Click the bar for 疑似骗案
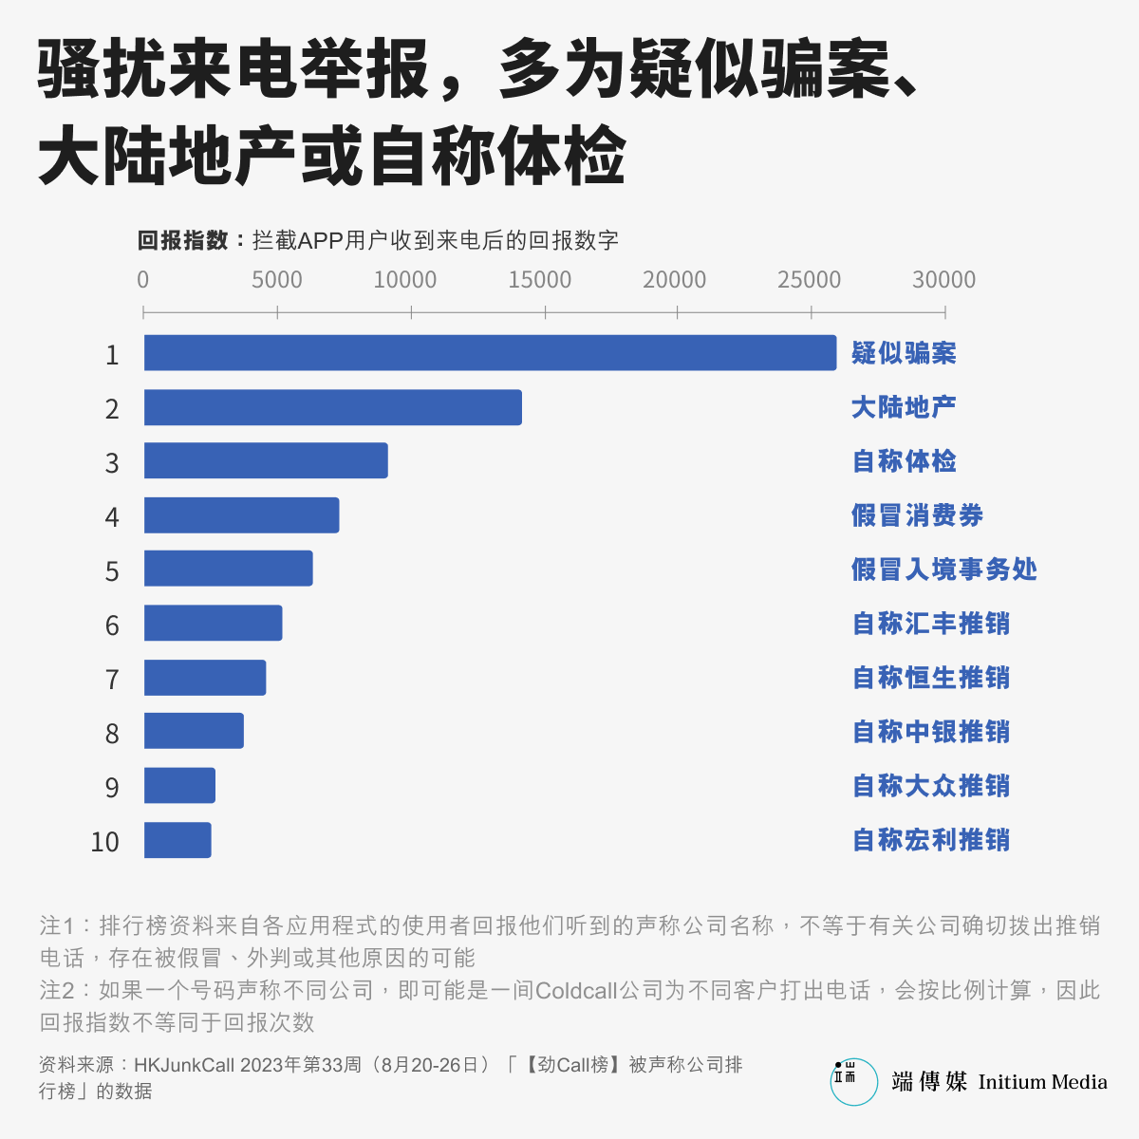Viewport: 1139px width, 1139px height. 490,353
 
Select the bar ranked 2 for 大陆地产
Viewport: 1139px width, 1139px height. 332,407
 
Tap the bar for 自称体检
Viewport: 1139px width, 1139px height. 266,461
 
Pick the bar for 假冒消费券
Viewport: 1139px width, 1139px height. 241,515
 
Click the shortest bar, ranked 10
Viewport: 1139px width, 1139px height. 177,841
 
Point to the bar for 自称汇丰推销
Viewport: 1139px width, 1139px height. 213,624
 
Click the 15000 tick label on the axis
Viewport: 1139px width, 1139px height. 539,280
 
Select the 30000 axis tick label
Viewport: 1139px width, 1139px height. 943,280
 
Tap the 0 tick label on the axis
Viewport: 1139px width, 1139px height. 143,280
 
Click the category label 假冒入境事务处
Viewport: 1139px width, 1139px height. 943,569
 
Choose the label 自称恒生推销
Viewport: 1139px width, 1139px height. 930,678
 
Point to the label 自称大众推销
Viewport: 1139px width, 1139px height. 930,786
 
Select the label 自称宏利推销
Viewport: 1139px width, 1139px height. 930,840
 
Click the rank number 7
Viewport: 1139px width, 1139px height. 112,680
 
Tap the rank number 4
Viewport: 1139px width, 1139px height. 112,517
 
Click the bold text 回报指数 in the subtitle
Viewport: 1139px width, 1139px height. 183,241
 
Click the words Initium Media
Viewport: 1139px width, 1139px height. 1042,1082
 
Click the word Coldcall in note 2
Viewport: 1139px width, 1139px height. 576,991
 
